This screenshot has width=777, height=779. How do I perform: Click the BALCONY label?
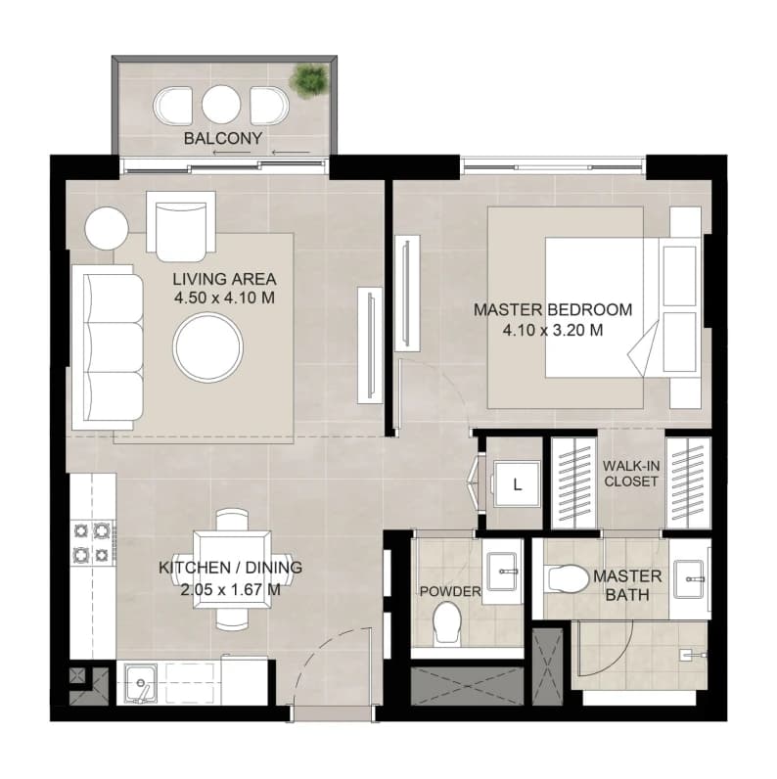pyautogui.click(x=223, y=138)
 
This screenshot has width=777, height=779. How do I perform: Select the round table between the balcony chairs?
pyautogui.click(x=221, y=105)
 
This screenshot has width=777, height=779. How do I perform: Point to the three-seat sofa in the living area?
pyautogui.click(x=108, y=346)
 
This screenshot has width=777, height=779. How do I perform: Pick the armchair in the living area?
pyautogui.click(x=181, y=226)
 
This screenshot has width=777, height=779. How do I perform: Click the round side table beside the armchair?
pyautogui.click(x=107, y=229)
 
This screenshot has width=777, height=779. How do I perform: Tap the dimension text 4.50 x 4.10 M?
pyautogui.click(x=224, y=298)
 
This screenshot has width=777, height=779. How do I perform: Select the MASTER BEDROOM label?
pyautogui.click(x=553, y=309)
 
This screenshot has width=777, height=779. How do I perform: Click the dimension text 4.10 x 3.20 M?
pyautogui.click(x=553, y=330)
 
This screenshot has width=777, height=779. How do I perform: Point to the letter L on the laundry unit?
pyautogui.click(x=517, y=484)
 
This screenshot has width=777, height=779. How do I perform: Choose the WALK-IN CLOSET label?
pyautogui.click(x=631, y=474)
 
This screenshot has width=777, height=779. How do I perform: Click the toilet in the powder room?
pyautogui.click(x=447, y=623)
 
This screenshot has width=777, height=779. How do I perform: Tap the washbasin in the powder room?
pyautogui.click(x=503, y=571)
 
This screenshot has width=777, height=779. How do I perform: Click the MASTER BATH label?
pyautogui.click(x=627, y=585)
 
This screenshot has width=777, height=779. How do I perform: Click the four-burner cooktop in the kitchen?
pyautogui.click(x=92, y=542)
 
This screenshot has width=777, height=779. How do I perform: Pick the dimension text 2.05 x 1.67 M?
pyautogui.click(x=231, y=590)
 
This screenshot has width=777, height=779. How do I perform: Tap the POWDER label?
pyautogui.click(x=450, y=591)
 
